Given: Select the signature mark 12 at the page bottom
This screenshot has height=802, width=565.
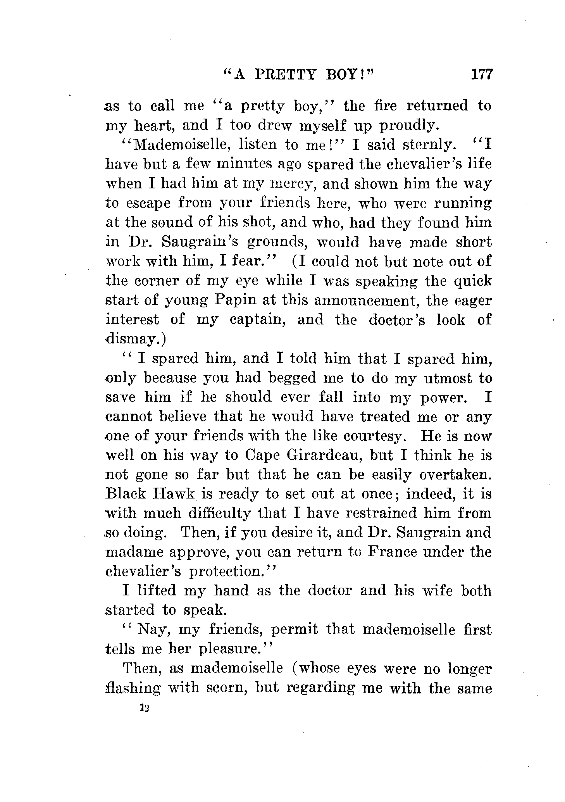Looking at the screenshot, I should pos(145,708).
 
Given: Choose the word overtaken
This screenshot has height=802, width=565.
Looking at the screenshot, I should pos(455,475).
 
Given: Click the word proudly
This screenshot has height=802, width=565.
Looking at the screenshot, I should pos(408,126).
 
